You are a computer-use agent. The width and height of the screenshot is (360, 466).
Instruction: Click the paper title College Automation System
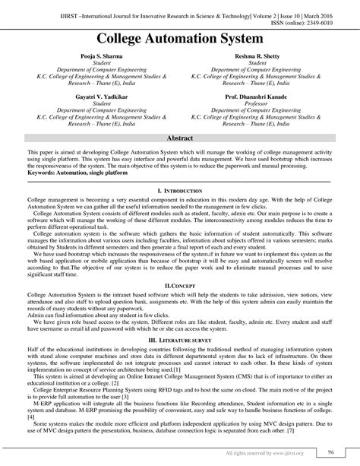click(x=180, y=37)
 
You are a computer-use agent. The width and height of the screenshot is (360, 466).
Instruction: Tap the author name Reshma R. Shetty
click(x=256, y=57)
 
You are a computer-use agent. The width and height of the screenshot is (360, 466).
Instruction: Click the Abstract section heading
click(x=180, y=141)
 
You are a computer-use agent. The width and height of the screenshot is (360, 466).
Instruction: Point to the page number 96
click(x=331, y=453)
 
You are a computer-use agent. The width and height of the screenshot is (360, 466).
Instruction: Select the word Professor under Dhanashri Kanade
click(x=256, y=105)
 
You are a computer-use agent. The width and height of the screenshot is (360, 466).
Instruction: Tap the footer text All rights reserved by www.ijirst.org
click(x=269, y=453)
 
